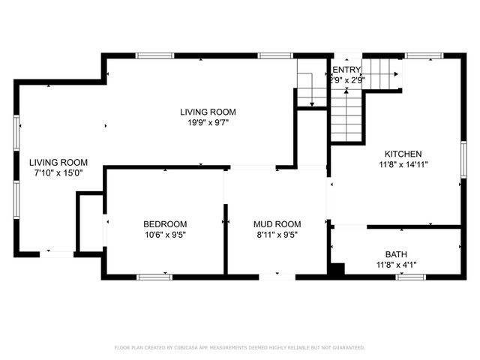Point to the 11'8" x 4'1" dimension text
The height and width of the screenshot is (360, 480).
pos(396,264)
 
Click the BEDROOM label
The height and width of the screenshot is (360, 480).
pos(165,223)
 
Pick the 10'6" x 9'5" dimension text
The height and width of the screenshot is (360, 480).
pos(165,234)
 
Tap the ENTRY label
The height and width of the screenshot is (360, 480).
pos(346,70)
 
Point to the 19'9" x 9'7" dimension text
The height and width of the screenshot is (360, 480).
pos(204,122)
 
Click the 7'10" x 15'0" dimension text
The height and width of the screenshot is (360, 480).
pos(58,172)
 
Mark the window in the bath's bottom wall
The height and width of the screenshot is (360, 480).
pos(410,277)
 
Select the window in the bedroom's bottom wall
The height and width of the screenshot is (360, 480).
pos(154,277)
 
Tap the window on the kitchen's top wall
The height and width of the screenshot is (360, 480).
pos(424,55)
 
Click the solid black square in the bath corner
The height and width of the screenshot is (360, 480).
pos(338,268)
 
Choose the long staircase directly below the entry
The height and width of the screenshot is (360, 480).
pos(346,116)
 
